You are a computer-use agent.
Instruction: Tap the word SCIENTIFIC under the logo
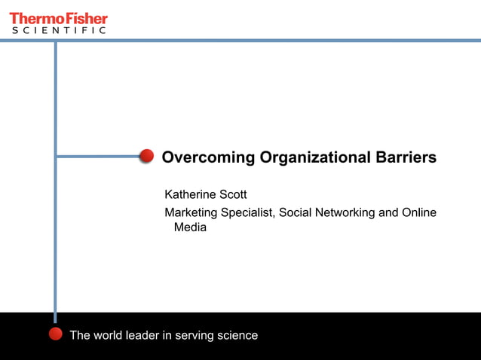pos(58,31)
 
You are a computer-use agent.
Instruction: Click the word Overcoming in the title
pos(209,158)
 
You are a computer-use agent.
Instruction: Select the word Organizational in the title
pos(314,158)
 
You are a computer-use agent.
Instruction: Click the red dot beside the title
pos(147,156)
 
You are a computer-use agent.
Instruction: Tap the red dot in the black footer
pos(55,334)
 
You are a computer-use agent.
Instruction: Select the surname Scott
pos(233,195)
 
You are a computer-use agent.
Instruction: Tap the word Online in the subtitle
pos(419,212)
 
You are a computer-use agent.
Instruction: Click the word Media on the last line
pos(190,227)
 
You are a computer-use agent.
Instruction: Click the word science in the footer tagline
pos(237,335)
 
